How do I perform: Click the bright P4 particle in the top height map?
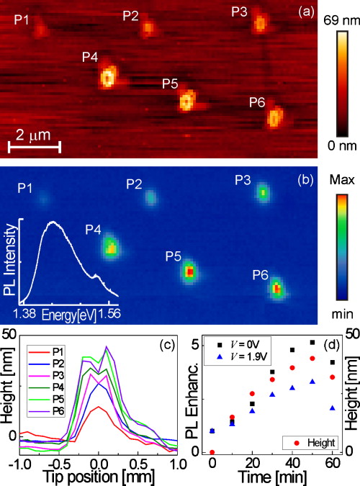(x=108, y=76)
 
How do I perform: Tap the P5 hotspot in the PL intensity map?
(x=189, y=272)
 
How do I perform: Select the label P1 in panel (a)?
(x=22, y=19)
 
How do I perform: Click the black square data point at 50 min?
(x=312, y=342)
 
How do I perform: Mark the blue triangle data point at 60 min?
(x=331, y=408)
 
